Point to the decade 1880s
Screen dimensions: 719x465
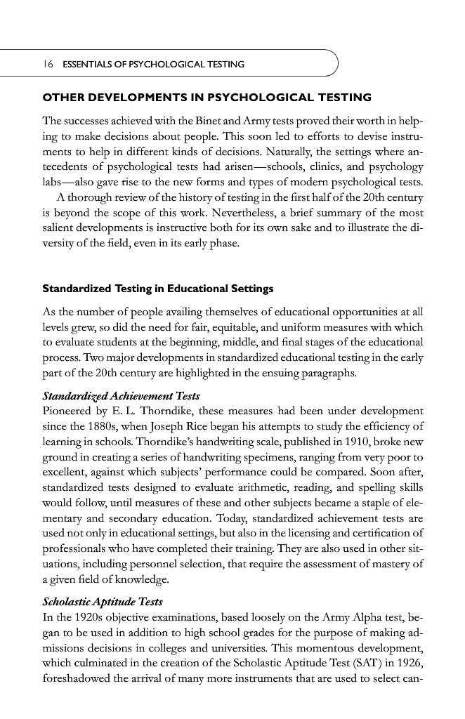click(101, 426)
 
